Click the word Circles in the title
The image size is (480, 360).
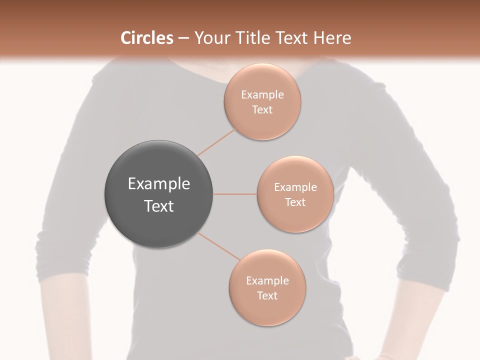click(147, 38)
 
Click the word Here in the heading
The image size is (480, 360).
click(332, 38)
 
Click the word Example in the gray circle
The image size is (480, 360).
click(159, 184)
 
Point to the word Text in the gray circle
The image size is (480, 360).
click(159, 206)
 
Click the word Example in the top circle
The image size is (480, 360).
click(262, 95)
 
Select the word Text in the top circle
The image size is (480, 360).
click(262, 110)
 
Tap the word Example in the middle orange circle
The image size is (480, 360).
click(295, 187)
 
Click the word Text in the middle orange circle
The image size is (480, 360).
click(295, 202)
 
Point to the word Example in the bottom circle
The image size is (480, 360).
click(267, 281)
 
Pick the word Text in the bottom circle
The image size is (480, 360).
click(267, 296)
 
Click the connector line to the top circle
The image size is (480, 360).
click(216, 142)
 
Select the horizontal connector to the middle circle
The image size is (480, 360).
click(234, 194)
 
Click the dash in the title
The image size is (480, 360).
click(183, 38)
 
